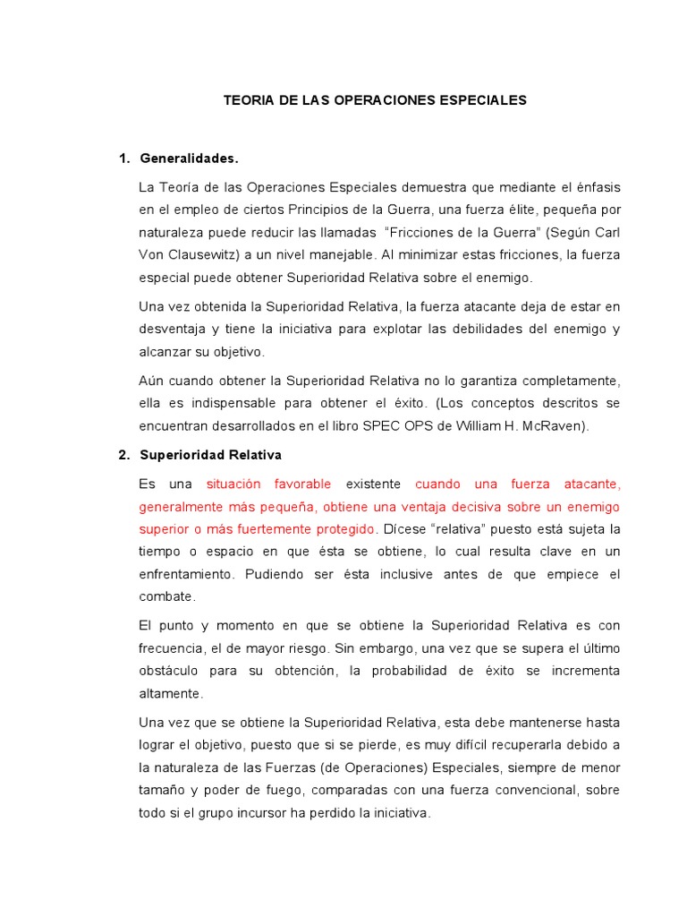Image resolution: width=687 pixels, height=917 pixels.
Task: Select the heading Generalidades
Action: tap(190, 159)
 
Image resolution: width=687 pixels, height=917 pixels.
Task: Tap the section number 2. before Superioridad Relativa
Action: tap(124, 455)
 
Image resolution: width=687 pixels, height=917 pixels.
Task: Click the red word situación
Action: tap(236, 484)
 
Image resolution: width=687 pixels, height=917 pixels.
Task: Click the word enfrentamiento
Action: tap(193, 574)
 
